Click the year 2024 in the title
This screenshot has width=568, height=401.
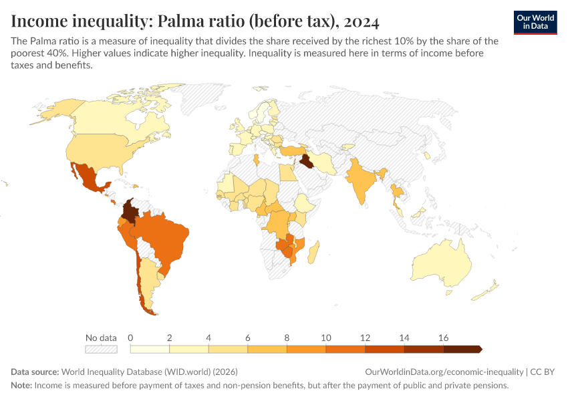tap(363, 21)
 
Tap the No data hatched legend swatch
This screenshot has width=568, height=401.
tap(101, 349)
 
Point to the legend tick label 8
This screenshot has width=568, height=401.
tap(287, 338)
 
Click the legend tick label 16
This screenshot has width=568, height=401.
tap(443, 338)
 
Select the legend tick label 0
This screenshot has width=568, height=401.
tap(131, 338)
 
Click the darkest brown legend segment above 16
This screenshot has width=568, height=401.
tap(461, 349)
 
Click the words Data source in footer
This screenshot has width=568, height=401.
tap(35, 372)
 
